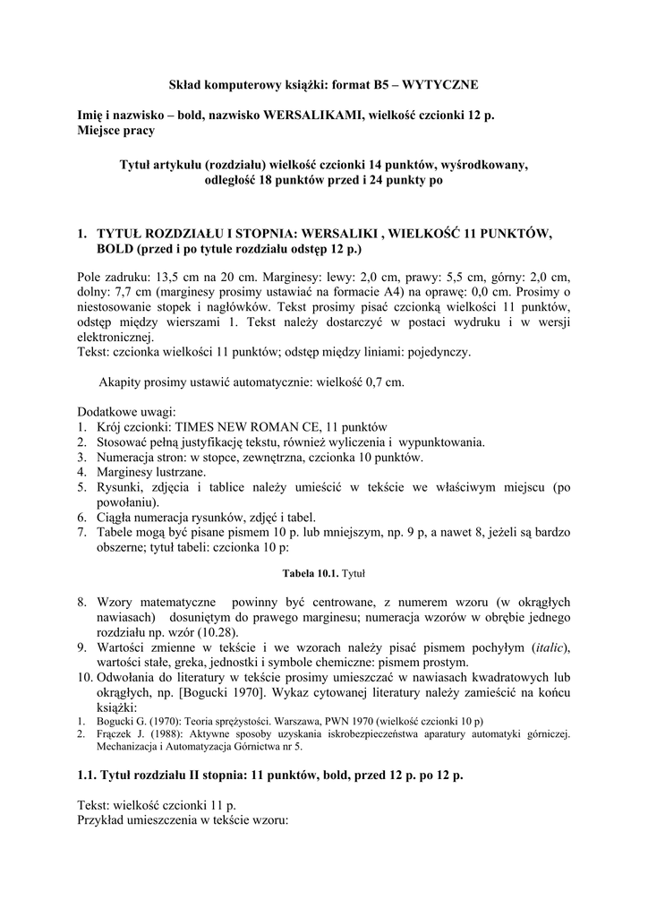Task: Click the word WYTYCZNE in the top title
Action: point(441,84)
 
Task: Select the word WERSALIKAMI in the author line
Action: point(302,116)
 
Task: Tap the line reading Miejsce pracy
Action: point(115,132)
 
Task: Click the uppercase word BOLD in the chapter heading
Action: point(114,247)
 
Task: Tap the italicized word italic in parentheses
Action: point(550,647)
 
